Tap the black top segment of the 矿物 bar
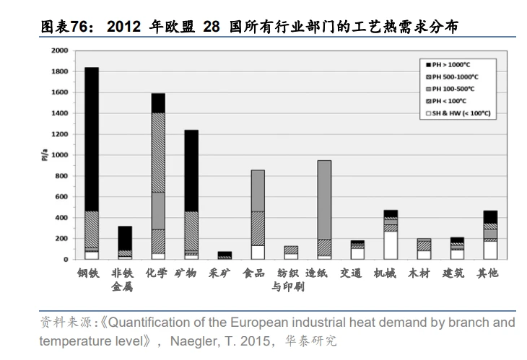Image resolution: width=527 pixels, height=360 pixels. click(191, 170)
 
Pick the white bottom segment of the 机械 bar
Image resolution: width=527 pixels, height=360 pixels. click(391, 245)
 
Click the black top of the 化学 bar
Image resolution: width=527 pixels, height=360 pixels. click(158, 102)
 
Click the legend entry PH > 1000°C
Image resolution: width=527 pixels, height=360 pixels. click(454, 64)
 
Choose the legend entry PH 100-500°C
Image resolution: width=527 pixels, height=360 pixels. click(454, 89)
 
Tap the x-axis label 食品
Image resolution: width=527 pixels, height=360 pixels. click(257, 273)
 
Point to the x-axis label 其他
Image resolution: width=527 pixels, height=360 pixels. click(490, 273)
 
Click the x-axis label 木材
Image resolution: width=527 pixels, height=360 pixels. click(423, 273)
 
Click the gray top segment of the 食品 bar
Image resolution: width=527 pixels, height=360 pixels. click(257, 190)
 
